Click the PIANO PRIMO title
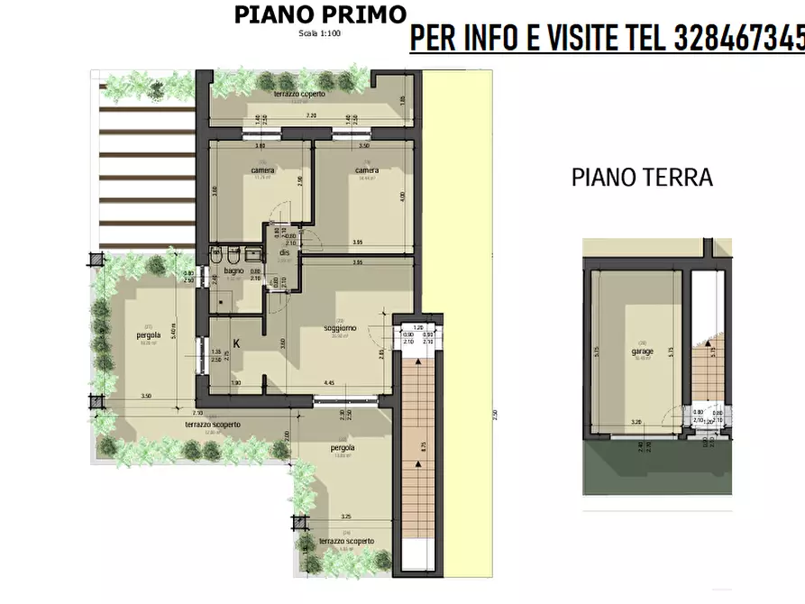319,14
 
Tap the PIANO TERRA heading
642,178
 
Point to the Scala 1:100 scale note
319,33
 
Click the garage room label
642,351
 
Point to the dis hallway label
283,253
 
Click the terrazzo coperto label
300,94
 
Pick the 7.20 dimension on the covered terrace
311,116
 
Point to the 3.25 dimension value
346,517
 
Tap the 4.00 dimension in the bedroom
402,196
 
